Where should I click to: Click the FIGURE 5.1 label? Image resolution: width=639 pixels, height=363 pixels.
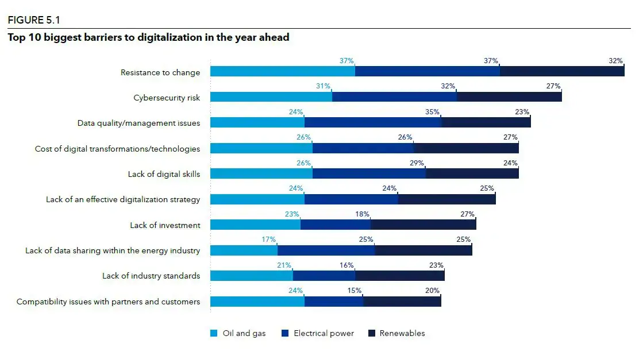[34, 21]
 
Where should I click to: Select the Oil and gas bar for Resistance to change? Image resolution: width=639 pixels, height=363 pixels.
[282, 71]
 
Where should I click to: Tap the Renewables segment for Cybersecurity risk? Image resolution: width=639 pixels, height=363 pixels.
[509, 96]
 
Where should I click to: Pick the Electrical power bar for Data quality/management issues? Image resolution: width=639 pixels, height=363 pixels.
[372, 122]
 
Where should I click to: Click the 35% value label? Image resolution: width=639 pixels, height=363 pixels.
[432, 112]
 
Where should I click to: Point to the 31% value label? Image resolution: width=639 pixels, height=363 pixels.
[323, 86]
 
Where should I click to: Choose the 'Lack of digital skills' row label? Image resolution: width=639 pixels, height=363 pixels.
[164, 174]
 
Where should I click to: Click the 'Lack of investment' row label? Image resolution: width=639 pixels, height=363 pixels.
[165, 225]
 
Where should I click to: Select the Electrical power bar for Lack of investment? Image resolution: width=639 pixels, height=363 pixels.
[336, 225]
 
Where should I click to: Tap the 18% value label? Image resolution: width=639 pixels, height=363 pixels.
[362, 214]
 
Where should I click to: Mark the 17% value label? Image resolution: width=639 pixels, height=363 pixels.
[269, 240]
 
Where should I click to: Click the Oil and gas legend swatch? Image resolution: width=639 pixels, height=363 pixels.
[214, 333]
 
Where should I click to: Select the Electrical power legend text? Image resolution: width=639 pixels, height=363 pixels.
[324, 333]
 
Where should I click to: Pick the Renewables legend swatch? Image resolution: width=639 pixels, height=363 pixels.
[371, 333]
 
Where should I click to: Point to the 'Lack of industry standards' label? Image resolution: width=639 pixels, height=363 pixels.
[151, 276]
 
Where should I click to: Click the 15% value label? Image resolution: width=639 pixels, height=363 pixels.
[354, 291]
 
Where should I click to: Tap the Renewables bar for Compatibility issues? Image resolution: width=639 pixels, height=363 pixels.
[402, 302]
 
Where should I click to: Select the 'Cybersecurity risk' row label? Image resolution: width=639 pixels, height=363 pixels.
[167, 98]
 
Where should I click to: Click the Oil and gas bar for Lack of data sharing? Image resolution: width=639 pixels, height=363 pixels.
[244, 250]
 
